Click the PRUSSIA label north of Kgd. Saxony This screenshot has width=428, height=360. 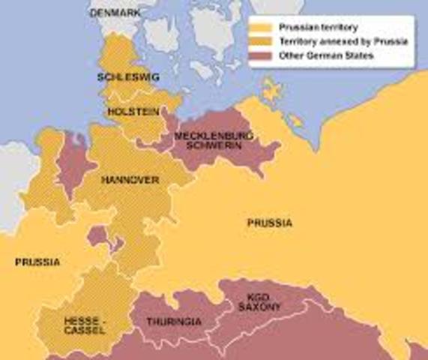point(270,223)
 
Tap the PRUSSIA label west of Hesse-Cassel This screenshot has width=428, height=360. point(37,262)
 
